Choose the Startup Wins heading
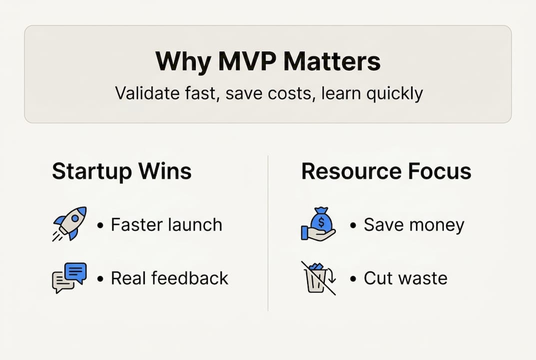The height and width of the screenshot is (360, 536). click(121, 171)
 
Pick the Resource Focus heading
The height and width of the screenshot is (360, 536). click(386, 171)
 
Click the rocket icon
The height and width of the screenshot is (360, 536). click(69, 223)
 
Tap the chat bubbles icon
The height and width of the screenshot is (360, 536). click(69, 277)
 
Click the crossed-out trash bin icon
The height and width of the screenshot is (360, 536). click(318, 277)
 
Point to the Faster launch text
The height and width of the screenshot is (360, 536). click(166, 225)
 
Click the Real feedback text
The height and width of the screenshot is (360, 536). click(169, 278)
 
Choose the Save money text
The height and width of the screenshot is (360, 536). click(414, 225)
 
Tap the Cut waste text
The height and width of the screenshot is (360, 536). click(405, 278)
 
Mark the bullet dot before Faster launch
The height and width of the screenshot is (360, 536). click(101, 226)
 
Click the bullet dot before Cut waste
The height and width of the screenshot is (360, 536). click(354, 279)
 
